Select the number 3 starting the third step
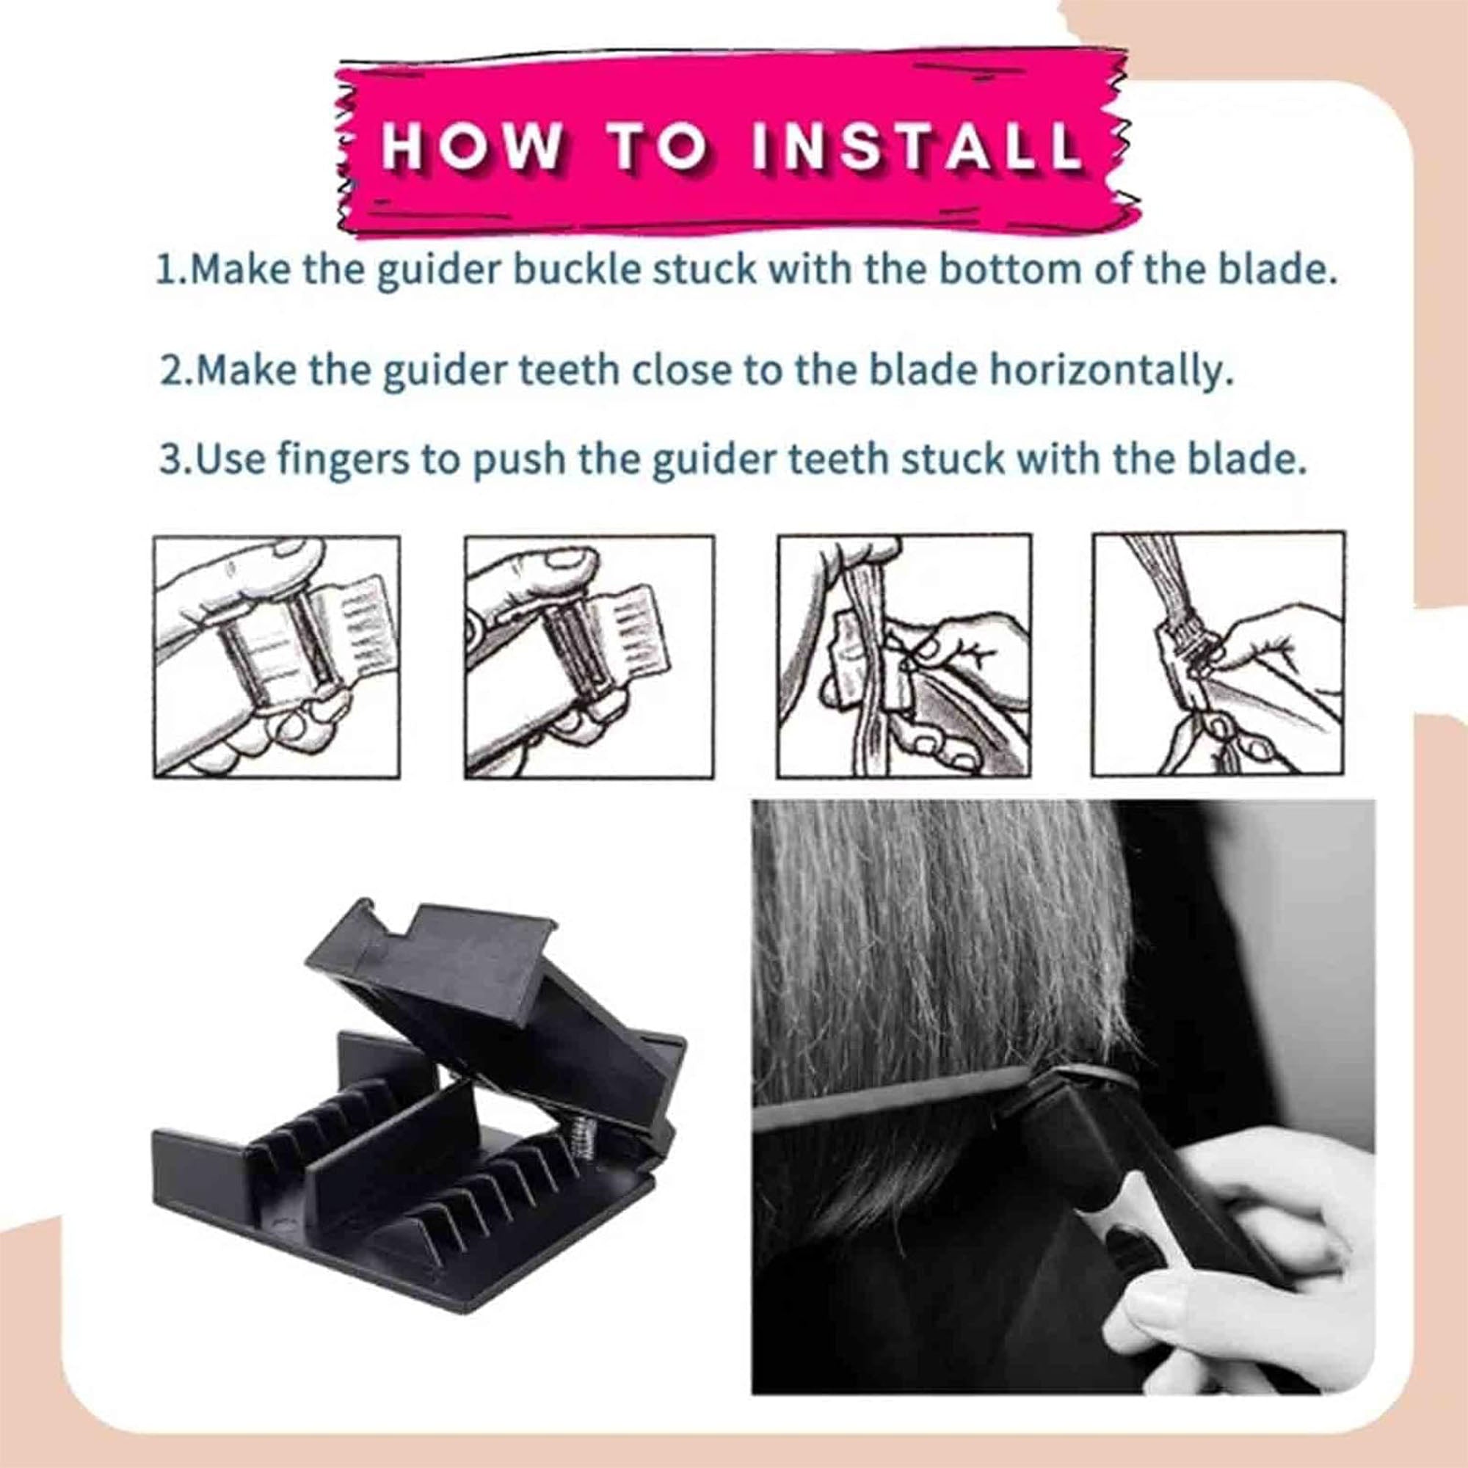(x=170, y=460)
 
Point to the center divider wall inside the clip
(x=380, y=1155)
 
